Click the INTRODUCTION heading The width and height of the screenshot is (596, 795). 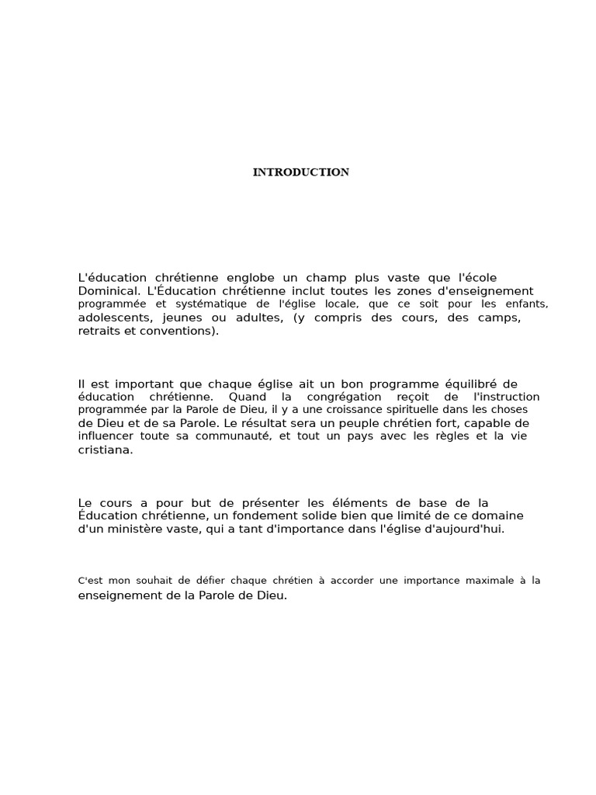tap(300, 172)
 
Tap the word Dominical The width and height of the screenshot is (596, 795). tap(106, 291)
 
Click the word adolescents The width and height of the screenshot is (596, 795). tap(115, 318)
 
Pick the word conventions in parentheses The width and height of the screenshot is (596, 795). tap(184, 332)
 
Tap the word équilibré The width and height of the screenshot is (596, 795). tap(452, 384)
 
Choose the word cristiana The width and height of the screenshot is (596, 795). tap(105, 450)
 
